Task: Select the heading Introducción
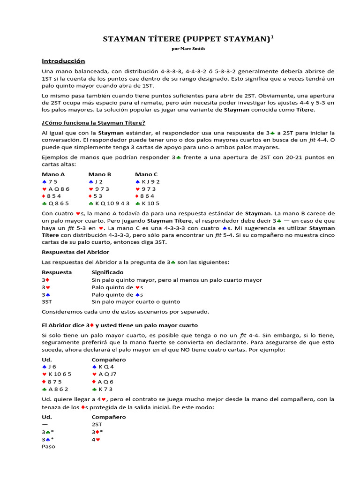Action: click(63, 61)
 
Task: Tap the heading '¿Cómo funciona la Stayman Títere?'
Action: click(93, 122)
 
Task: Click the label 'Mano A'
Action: click(53, 174)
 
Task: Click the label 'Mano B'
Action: click(99, 174)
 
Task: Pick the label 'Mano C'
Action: click(146, 174)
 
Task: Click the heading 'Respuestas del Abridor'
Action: click(75, 252)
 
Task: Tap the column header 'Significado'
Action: click(108, 272)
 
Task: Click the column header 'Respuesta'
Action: click(57, 272)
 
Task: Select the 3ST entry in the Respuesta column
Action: click(47, 302)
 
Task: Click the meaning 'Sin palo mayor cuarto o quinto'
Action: click(135, 302)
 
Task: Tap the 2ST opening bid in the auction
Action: click(97, 424)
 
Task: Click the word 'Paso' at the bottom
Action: click(48, 447)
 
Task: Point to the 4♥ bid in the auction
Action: click(96, 439)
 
